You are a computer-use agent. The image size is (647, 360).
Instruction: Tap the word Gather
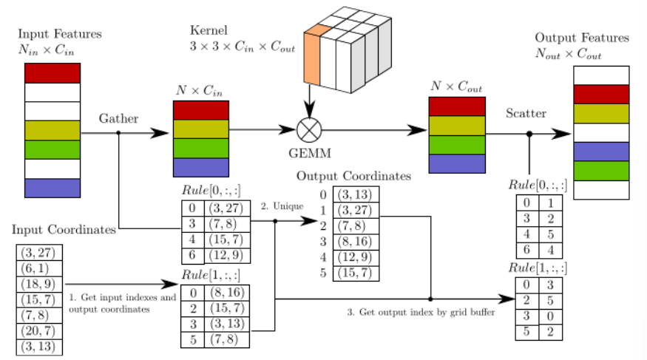(x=118, y=118)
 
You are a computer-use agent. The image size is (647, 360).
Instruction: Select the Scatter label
(x=526, y=113)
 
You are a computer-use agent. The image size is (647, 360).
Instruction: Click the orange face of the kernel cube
(x=316, y=55)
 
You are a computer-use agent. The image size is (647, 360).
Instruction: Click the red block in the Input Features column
(x=52, y=72)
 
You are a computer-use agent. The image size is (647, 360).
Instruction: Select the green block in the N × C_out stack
(x=457, y=144)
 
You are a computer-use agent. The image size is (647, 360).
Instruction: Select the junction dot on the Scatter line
(x=529, y=134)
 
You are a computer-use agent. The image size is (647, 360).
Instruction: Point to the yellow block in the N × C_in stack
(x=201, y=129)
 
